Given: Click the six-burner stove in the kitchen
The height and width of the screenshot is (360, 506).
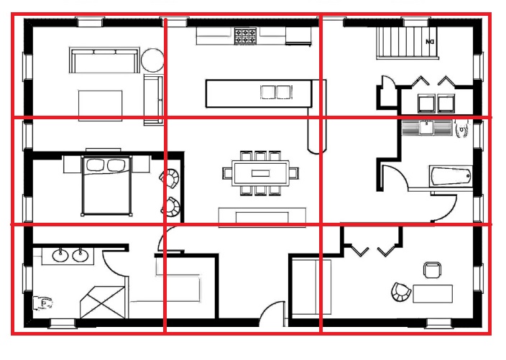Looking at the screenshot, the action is (245, 36).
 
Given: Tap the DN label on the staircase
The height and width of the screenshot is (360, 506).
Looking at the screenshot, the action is (430, 42).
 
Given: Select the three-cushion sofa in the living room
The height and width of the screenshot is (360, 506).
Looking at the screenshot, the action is (104, 60).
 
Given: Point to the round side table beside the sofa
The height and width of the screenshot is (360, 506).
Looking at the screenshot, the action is (152, 60).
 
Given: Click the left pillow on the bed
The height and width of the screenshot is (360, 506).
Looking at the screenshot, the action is (96, 165).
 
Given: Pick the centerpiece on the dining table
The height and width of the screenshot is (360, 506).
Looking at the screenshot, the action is (260, 174).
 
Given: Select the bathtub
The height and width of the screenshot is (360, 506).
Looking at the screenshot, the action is (451, 176).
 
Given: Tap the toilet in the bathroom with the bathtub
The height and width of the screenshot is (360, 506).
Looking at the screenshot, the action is (461, 128).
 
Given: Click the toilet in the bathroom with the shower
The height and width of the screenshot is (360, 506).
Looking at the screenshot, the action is (42, 303).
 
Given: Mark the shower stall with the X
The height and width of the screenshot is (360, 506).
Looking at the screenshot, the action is (102, 303).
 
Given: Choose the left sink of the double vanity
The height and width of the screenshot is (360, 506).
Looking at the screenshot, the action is (60, 255).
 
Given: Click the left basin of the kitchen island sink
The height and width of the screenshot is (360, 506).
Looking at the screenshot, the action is (268, 92).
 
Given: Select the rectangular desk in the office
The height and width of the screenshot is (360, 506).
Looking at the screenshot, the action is (433, 294).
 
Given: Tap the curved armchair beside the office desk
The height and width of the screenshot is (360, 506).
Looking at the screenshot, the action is (401, 292).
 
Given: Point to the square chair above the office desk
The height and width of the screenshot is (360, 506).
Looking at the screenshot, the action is (433, 269).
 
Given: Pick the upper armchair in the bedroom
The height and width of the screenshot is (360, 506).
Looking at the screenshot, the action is (170, 178).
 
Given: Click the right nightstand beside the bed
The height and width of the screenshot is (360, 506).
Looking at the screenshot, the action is (141, 164).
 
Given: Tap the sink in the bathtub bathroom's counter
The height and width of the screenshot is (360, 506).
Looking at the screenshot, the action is (427, 127).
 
